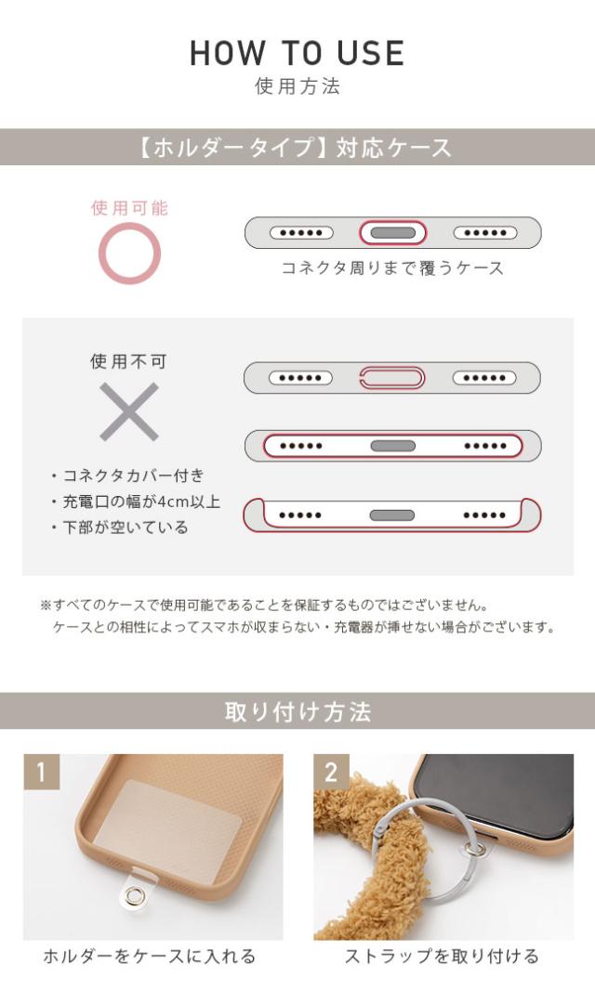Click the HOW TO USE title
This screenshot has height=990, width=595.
[x=297, y=52]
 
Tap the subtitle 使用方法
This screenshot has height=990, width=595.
[x=297, y=86]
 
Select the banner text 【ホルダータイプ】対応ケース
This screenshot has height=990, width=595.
[x=297, y=148]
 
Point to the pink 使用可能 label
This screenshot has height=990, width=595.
[x=129, y=208]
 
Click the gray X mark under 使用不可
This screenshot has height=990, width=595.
[x=129, y=411]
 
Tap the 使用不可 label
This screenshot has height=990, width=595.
[x=129, y=362]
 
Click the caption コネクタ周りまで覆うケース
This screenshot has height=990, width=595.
[x=392, y=268]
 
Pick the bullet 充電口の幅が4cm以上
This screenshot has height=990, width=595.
[x=136, y=502]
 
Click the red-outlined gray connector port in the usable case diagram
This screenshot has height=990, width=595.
[x=392, y=233]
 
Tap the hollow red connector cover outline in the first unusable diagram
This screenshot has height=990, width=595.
[x=392, y=378]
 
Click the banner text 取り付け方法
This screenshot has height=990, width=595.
[x=297, y=712]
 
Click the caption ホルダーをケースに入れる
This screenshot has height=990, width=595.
[x=149, y=957]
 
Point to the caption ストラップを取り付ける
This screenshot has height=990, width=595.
[x=442, y=957]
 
